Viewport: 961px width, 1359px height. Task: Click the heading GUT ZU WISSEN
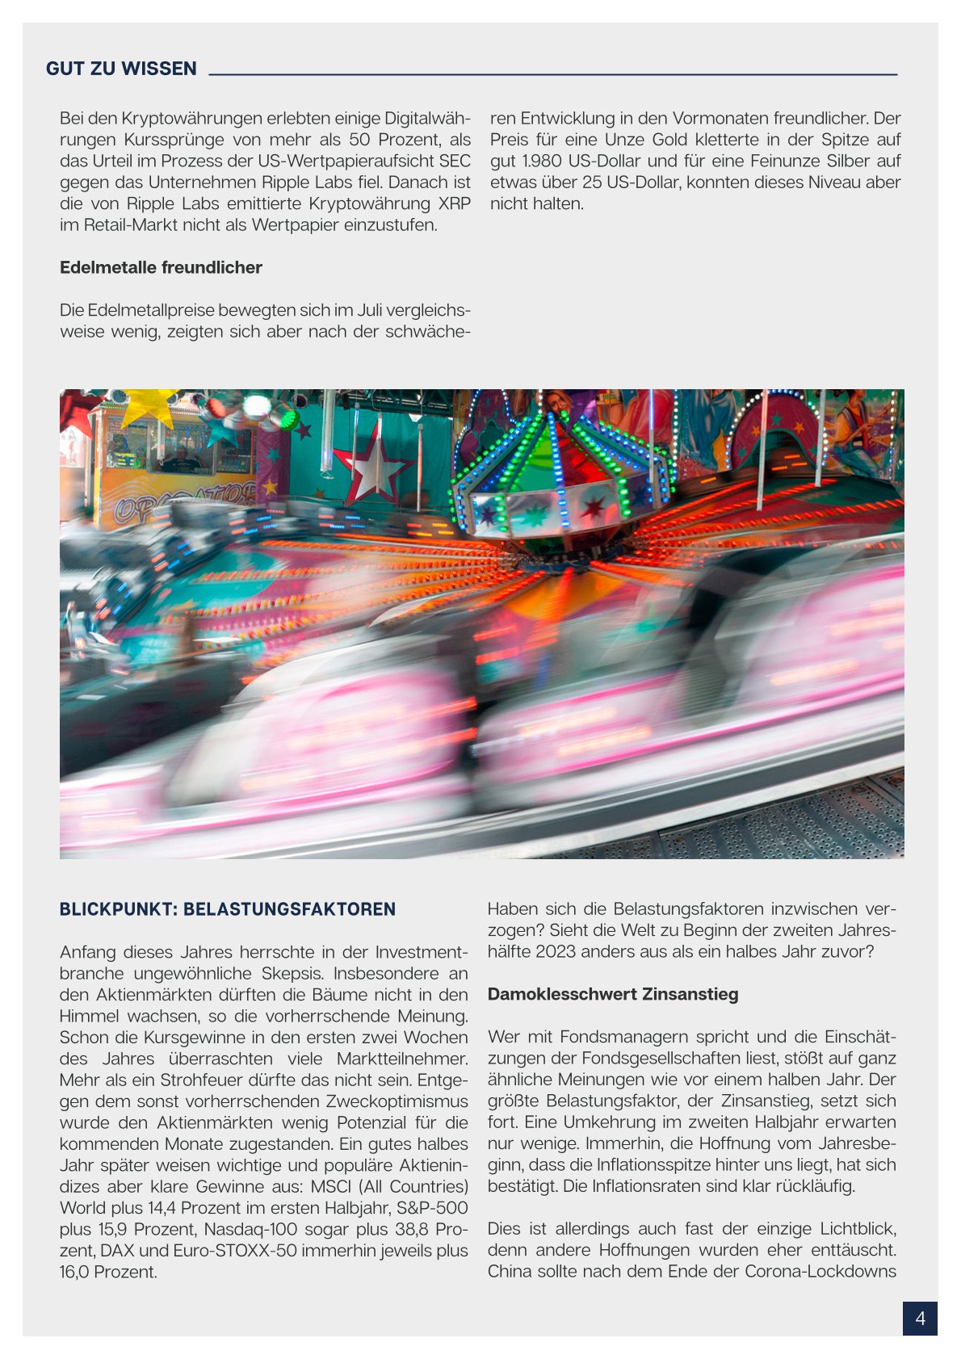(x=121, y=69)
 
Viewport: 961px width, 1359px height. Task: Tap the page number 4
(x=920, y=1319)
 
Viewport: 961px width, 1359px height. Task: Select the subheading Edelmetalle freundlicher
(x=161, y=267)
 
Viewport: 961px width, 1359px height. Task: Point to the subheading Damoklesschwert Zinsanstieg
(x=612, y=994)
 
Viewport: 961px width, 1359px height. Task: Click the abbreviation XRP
(x=454, y=203)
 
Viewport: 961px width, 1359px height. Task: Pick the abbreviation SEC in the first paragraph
(x=455, y=161)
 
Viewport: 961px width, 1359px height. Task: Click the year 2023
(x=556, y=951)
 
